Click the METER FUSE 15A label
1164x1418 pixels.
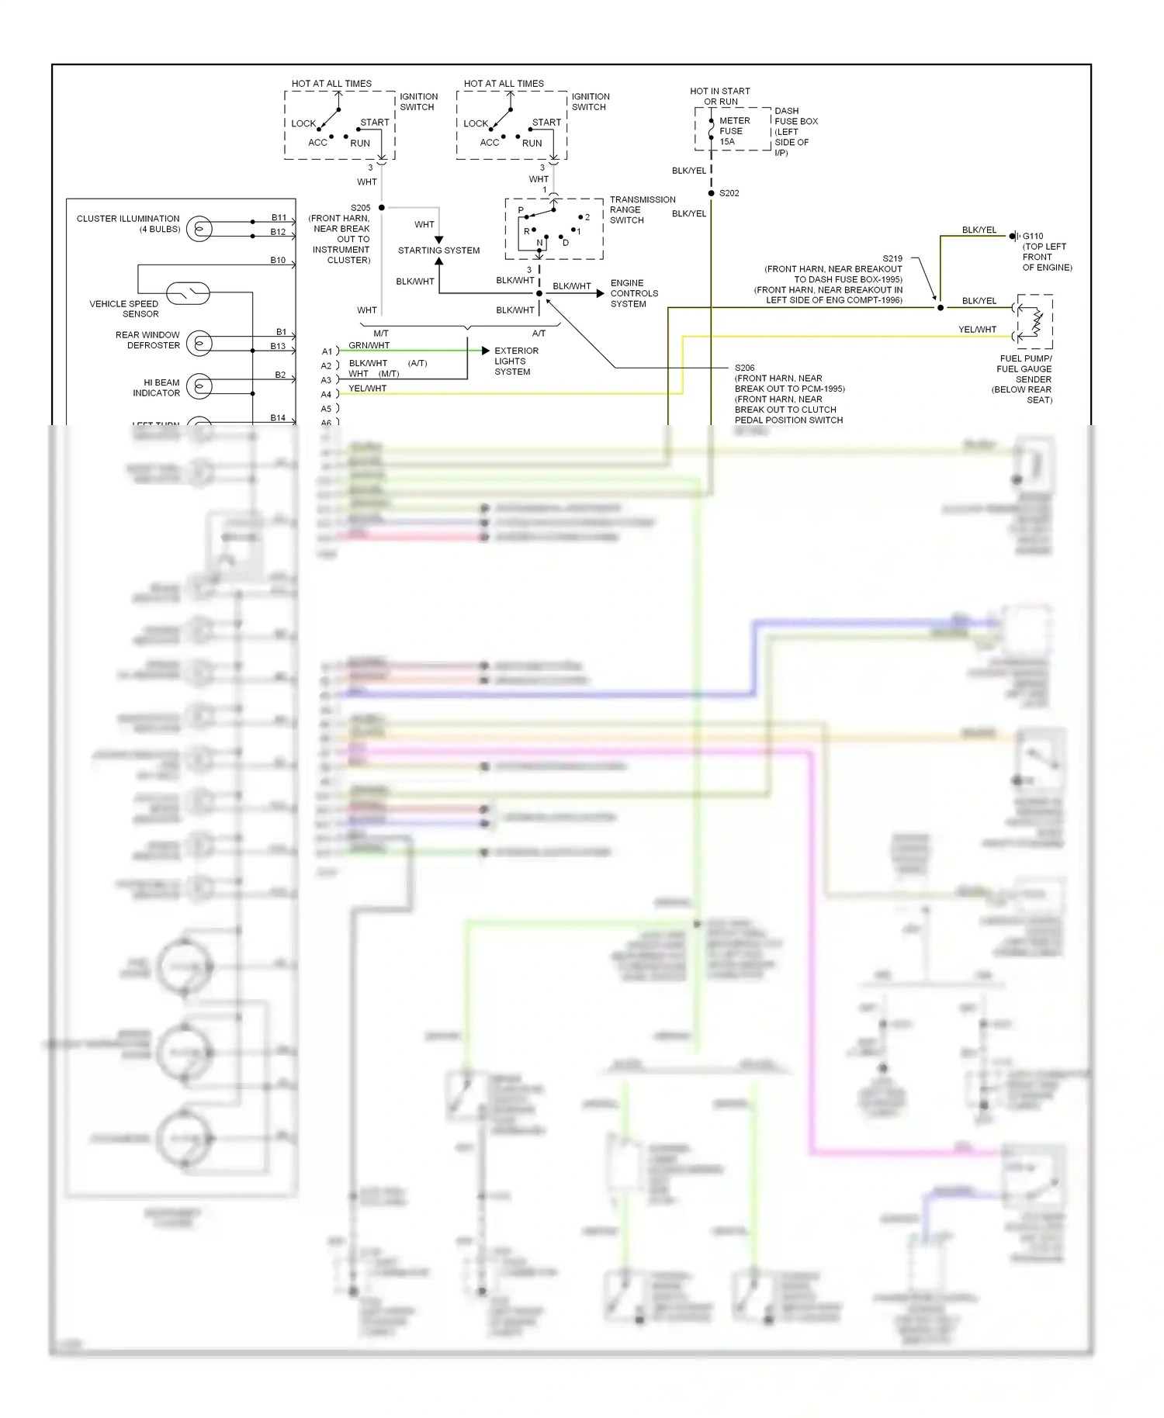pyautogui.click(x=733, y=131)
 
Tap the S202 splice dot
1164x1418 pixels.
pyautogui.click(x=711, y=193)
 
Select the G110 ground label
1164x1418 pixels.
pyautogui.click(x=1033, y=237)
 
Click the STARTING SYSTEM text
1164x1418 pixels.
pyautogui.click(x=438, y=251)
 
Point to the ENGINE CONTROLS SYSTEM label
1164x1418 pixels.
pyautogui.click(x=634, y=293)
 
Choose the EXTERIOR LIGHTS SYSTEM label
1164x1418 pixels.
pyautogui.click(x=516, y=361)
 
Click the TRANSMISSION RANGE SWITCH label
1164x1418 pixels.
pyautogui.click(x=642, y=209)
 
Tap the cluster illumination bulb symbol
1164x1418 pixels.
pyautogui.click(x=199, y=229)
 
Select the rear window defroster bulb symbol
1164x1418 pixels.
pyautogui.click(x=199, y=342)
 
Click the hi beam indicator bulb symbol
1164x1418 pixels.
pyautogui.click(x=199, y=386)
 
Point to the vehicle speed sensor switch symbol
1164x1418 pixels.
pyautogui.click(x=189, y=292)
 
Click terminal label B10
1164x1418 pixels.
pyautogui.click(x=278, y=261)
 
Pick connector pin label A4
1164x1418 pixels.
pyautogui.click(x=327, y=395)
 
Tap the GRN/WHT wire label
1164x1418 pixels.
pyautogui.click(x=369, y=346)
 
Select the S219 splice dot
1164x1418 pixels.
pyautogui.click(x=941, y=308)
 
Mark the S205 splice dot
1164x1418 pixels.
pyautogui.click(x=382, y=208)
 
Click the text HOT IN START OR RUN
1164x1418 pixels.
pyautogui.click(x=719, y=96)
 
